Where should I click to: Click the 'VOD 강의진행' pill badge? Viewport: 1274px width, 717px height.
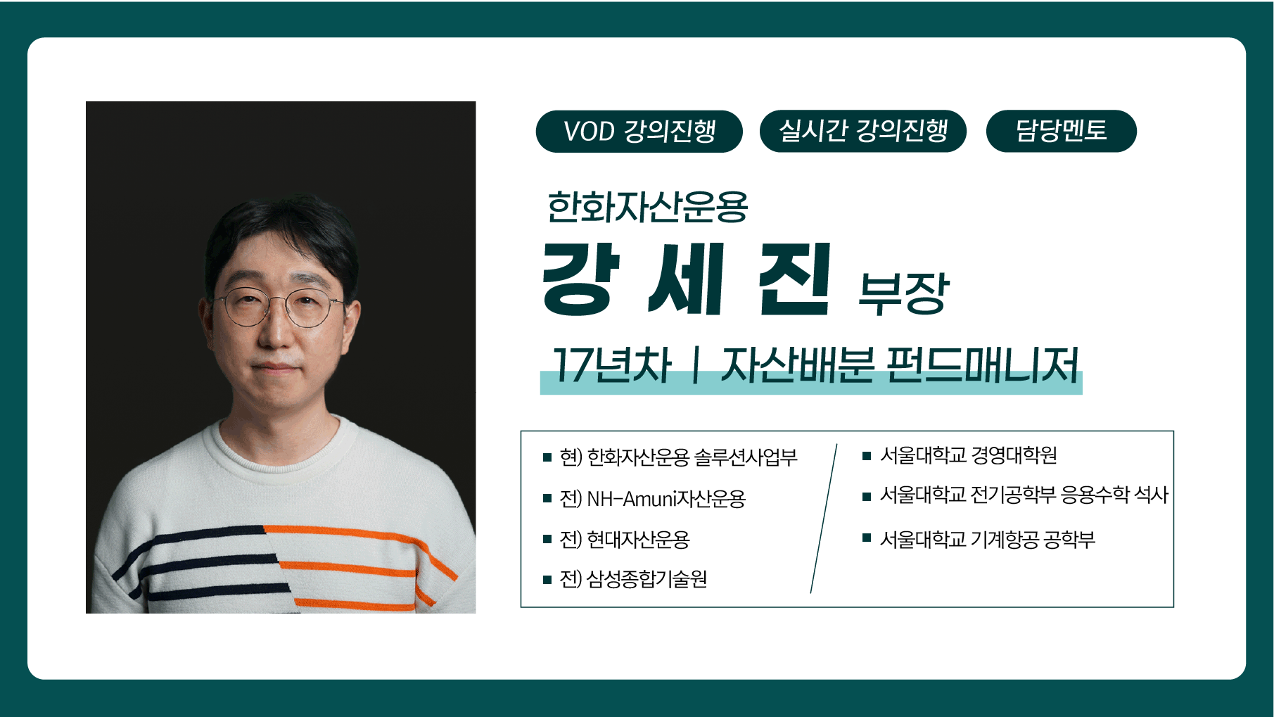[x=639, y=131]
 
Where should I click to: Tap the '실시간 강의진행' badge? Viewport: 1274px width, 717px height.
[x=863, y=131]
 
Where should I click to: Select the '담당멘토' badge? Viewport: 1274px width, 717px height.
[x=1061, y=131]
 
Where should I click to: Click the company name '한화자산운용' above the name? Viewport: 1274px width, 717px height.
[x=647, y=207]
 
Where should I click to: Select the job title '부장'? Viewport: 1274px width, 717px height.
[x=904, y=293]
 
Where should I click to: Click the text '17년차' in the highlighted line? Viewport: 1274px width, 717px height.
[x=611, y=365]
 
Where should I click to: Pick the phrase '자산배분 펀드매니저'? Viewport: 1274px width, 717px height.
[x=900, y=365]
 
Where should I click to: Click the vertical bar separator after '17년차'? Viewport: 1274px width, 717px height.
[x=696, y=365]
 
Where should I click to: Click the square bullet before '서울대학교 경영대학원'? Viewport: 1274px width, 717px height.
[x=867, y=456]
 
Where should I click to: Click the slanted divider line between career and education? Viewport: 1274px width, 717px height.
[x=824, y=519]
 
